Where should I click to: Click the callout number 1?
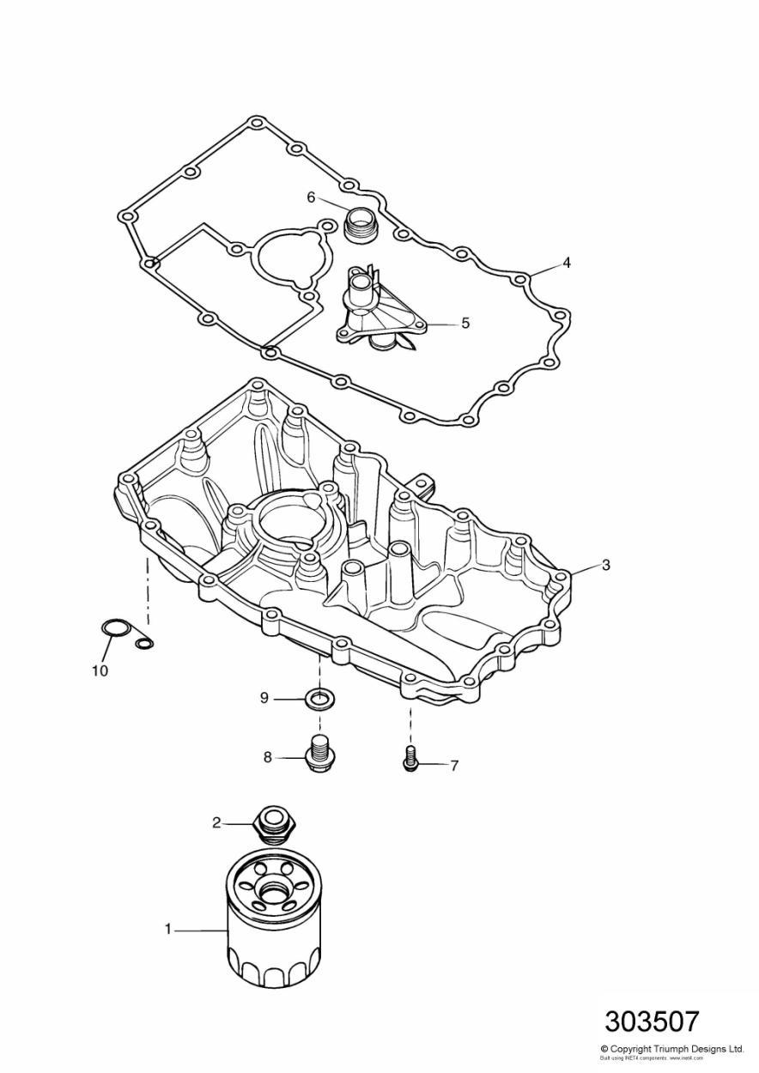pyautogui.click(x=169, y=929)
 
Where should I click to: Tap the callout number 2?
pyautogui.click(x=217, y=823)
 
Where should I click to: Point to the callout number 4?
pyautogui.click(x=567, y=263)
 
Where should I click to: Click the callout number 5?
pyautogui.click(x=465, y=324)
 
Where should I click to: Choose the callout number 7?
pyautogui.click(x=453, y=764)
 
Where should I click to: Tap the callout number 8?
pyautogui.click(x=267, y=756)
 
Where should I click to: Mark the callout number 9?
pyautogui.click(x=265, y=699)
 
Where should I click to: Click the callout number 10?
pyautogui.click(x=100, y=670)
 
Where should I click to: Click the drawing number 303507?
pyautogui.click(x=652, y=1021)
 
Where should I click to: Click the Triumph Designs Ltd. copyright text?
pyautogui.click(x=671, y=1049)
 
